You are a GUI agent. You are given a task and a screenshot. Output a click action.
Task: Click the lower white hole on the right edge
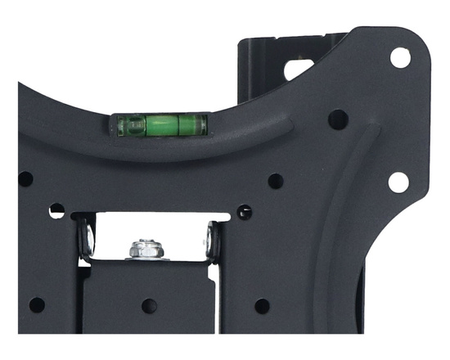pyautogui.click(x=398, y=182)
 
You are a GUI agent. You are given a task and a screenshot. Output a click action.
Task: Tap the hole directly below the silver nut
pyautogui.click(x=148, y=305)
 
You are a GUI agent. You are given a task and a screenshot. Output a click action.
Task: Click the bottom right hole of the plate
pyautogui.click(x=262, y=305)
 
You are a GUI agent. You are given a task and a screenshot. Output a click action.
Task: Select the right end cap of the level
pyautogui.click(x=201, y=124)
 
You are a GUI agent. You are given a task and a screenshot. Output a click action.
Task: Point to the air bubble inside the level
pyautogui.click(x=160, y=124)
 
